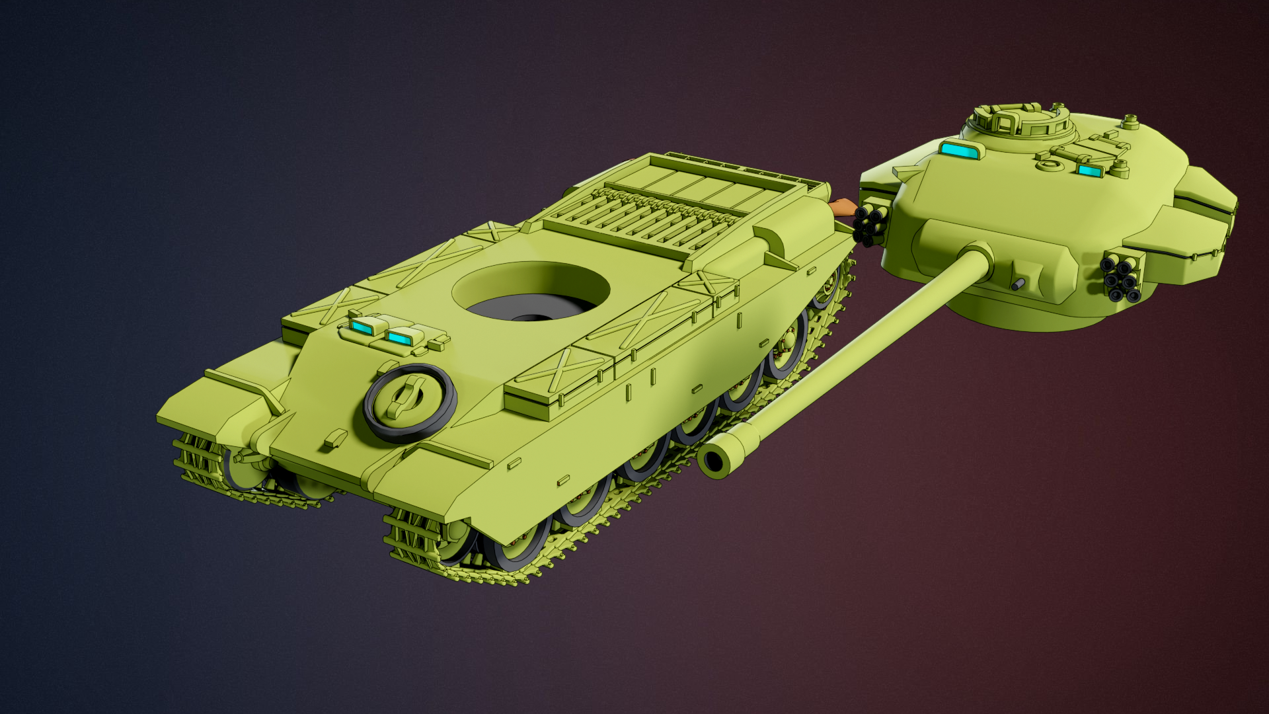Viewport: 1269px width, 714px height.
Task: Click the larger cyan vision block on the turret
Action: (959, 150)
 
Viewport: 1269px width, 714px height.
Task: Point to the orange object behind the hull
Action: (841, 208)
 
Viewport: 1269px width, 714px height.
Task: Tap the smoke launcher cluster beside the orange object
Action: (868, 225)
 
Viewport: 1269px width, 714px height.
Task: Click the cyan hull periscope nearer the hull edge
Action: (364, 326)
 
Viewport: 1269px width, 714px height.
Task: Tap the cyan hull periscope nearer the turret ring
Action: (399, 338)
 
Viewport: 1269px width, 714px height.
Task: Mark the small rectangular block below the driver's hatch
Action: (336, 437)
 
